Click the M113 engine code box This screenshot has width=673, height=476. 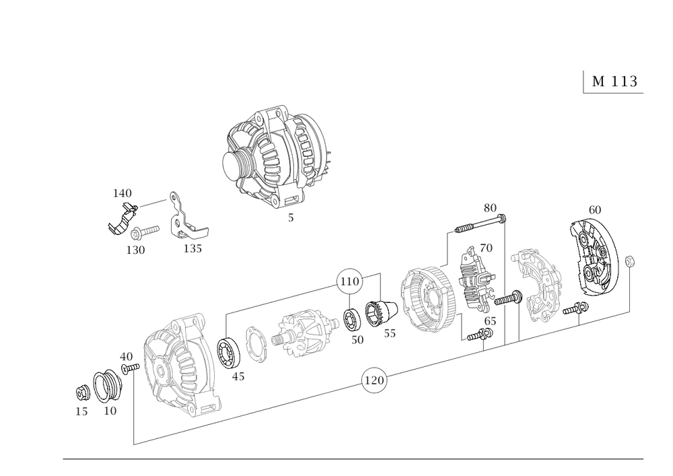point(612,81)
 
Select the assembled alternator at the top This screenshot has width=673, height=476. point(276,159)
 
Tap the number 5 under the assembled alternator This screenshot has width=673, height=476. point(291,217)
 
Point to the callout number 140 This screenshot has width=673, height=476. point(122,195)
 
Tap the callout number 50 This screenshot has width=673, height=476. point(357,340)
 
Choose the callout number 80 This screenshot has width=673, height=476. point(489,207)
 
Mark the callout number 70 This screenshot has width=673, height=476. point(487,248)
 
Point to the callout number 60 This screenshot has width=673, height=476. point(594,209)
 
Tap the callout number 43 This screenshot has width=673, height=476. point(237,378)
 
